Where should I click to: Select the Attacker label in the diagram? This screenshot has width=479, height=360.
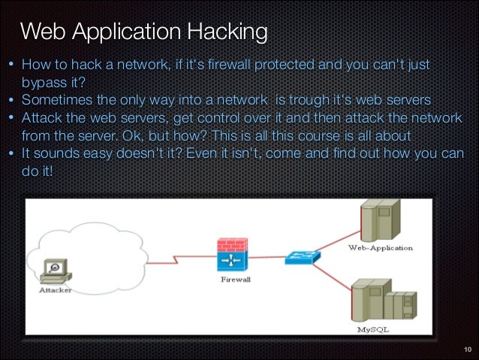(x=55, y=291)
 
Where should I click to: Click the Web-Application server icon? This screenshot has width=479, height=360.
(x=377, y=219)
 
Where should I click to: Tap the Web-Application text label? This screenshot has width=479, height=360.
(x=380, y=247)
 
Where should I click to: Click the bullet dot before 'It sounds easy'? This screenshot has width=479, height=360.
(x=11, y=154)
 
